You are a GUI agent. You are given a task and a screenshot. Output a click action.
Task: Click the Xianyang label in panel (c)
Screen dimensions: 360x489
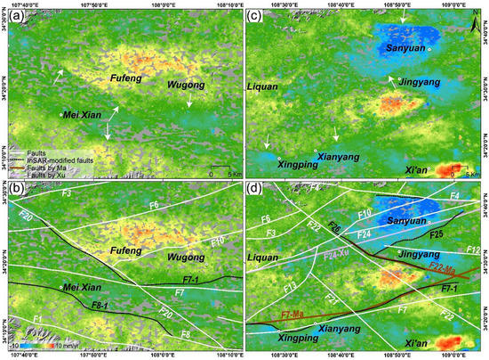coord(336,155)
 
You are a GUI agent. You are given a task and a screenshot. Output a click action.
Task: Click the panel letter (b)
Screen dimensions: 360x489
coord(14,189)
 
